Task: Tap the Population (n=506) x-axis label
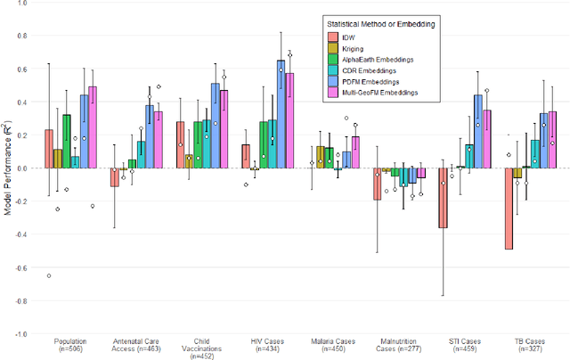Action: coord(71,346)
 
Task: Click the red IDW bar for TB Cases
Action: coord(509,208)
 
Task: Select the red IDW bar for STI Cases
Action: coord(443,197)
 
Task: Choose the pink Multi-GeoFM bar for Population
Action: coord(92,127)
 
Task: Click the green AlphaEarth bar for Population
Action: coord(66,141)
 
